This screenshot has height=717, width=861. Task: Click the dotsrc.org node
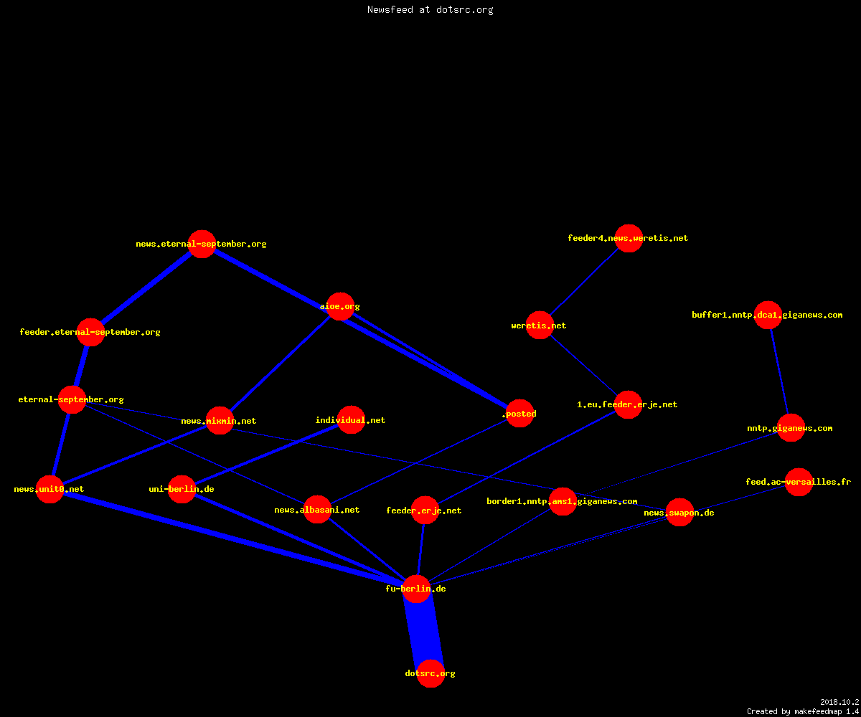(x=430, y=673)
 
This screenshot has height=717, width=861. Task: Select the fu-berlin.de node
(x=416, y=589)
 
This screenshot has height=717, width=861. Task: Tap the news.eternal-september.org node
(x=202, y=244)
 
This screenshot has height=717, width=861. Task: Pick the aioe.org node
(x=340, y=306)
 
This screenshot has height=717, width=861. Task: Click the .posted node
(x=519, y=413)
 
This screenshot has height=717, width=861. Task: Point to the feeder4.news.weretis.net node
(x=629, y=238)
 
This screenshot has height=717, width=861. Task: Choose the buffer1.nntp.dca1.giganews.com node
(x=768, y=315)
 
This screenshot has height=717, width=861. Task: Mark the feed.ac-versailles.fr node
(x=799, y=482)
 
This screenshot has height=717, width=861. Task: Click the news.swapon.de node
(x=679, y=512)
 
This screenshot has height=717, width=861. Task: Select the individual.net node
(x=351, y=420)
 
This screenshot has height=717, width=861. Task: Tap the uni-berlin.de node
(x=182, y=489)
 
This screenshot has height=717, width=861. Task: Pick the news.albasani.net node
(x=317, y=509)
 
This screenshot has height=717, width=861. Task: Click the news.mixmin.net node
(x=220, y=420)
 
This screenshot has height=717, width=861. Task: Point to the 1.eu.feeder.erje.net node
(x=628, y=404)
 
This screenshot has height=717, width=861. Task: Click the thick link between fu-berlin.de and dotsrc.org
(x=424, y=631)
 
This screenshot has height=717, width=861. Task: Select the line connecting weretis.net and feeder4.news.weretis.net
(x=584, y=282)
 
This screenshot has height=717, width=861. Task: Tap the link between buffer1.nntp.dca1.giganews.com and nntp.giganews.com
(x=779, y=371)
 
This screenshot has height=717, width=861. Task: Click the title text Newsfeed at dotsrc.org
(x=430, y=9)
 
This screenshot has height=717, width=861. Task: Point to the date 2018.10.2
(x=839, y=702)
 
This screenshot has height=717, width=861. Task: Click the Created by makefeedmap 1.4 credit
(x=803, y=711)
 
